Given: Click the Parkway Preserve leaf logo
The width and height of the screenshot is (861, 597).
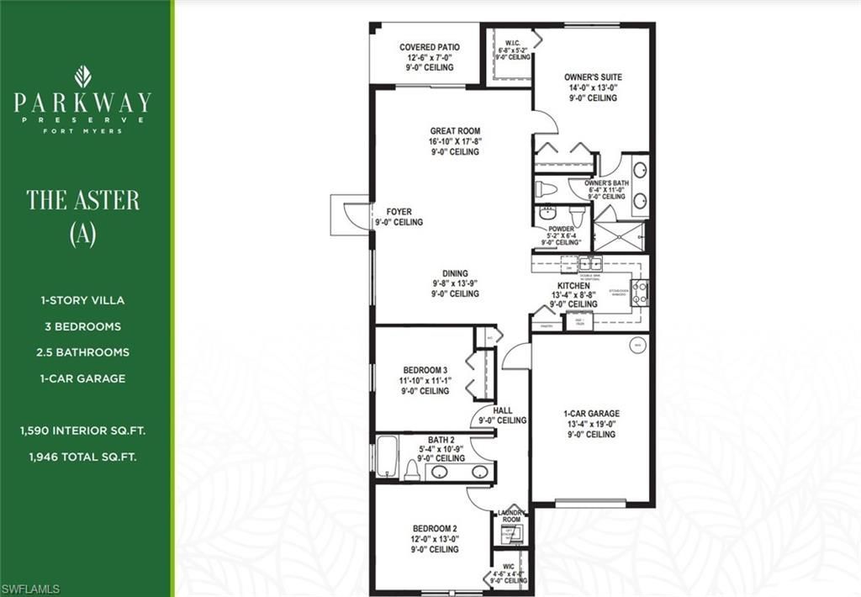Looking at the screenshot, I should coord(82,77).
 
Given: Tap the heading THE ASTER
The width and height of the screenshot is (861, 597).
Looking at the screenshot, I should coord(82,200).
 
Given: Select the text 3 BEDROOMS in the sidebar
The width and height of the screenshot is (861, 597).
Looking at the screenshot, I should coord(82,326).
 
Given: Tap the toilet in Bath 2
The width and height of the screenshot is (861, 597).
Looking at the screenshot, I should coord(412,470).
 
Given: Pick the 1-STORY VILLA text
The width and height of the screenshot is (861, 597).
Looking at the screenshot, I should coord(82,300).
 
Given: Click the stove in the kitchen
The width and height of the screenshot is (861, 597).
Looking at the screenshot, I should coord(641,291).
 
